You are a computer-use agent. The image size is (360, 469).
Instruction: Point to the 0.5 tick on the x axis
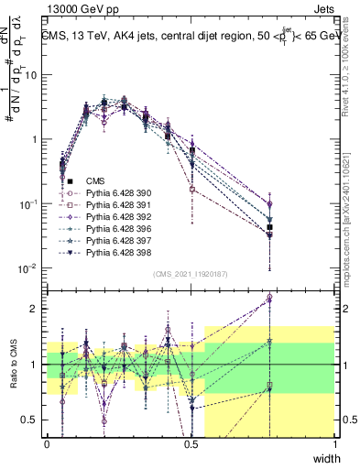(x=191, y=444)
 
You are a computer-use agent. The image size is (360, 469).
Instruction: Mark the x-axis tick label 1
(x=335, y=444)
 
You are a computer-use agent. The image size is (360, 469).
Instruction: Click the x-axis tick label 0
(x=47, y=444)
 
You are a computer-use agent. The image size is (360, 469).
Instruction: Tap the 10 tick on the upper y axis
(x=33, y=75)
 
